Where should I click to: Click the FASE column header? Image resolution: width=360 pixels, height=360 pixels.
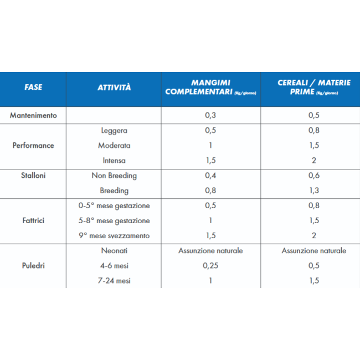click(x=33, y=88)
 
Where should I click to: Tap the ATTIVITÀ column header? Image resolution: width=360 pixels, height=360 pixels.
click(x=114, y=88)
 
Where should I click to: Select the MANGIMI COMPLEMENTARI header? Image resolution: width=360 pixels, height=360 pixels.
click(x=210, y=88)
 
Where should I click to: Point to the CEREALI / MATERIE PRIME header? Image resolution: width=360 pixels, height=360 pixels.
click(x=313, y=88)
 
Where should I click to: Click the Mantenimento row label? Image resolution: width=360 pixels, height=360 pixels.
click(x=33, y=116)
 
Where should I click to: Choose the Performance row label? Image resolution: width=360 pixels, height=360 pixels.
click(x=33, y=146)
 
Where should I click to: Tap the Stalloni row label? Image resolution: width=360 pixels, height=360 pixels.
click(x=33, y=176)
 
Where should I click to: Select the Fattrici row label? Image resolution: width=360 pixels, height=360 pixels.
click(x=33, y=220)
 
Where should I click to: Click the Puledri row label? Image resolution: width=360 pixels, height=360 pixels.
click(x=33, y=265)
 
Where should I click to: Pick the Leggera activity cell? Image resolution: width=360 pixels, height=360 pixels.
click(x=114, y=131)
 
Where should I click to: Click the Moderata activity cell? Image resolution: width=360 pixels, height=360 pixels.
click(x=114, y=146)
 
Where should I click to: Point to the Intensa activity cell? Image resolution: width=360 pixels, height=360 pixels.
click(x=114, y=161)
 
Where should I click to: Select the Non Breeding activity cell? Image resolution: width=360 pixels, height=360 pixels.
click(x=114, y=176)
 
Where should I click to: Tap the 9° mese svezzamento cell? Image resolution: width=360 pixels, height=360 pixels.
click(x=114, y=235)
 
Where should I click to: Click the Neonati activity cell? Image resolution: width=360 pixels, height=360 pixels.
click(x=114, y=250)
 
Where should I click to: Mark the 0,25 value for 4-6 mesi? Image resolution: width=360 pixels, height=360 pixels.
click(x=210, y=265)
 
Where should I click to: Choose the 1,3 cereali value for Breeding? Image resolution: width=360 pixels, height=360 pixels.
click(x=313, y=191)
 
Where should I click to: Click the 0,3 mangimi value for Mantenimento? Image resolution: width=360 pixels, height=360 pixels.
click(x=210, y=116)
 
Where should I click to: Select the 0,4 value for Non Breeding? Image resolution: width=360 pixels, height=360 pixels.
click(x=210, y=176)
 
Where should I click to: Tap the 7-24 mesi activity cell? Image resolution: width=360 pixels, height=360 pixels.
click(x=114, y=280)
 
